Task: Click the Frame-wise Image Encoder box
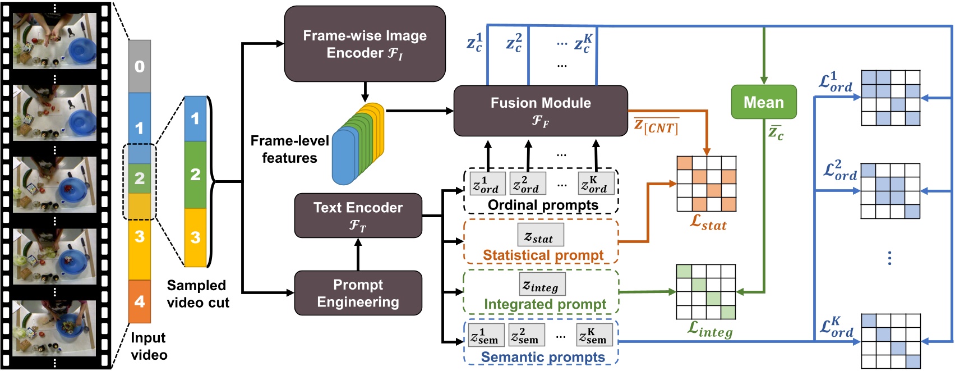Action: click(x=365, y=44)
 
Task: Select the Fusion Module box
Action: click(x=540, y=111)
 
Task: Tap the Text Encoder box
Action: click(x=358, y=216)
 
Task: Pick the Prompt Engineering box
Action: click(x=358, y=293)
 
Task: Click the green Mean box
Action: click(x=763, y=102)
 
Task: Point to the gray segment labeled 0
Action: click(x=140, y=66)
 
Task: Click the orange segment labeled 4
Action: click(x=140, y=301)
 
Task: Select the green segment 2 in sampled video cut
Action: click(x=195, y=175)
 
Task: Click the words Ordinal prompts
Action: click(x=542, y=205)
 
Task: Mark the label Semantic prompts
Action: click(x=542, y=357)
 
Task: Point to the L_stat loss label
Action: click(x=708, y=223)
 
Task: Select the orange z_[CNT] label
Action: click(x=656, y=126)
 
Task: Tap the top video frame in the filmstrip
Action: click(x=54, y=41)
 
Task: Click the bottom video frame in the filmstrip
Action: click(x=54, y=328)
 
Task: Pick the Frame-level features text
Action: click(x=289, y=149)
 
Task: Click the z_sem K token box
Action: click(x=594, y=336)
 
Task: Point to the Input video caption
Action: click(x=149, y=346)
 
